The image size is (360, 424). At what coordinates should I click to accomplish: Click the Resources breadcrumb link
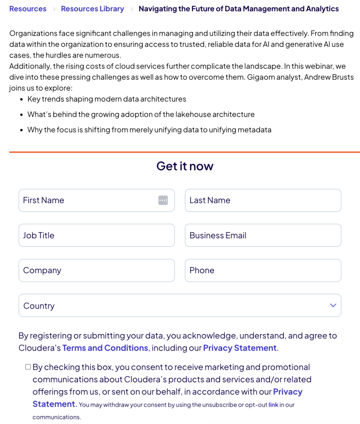(28, 9)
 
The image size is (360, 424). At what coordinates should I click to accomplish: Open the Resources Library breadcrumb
(92, 9)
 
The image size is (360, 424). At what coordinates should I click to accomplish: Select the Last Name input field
(263, 200)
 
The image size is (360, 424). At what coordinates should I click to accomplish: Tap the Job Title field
(96, 236)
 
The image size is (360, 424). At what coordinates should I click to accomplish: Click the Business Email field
(263, 236)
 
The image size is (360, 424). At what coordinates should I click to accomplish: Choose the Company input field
(96, 270)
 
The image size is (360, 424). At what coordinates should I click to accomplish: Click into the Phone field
(263, 270)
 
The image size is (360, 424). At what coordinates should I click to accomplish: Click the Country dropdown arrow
(333, 305)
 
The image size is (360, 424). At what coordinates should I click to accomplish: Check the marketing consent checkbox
(28, 367)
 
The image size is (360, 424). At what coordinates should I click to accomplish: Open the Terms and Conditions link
(105, 348)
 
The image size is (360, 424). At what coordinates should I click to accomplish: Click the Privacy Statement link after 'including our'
(240, 348)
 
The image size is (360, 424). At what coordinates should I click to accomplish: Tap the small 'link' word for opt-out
(273, 405)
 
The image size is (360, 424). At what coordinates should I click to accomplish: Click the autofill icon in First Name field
(163, 200)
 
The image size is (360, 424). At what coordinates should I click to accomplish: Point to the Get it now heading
(185, 166)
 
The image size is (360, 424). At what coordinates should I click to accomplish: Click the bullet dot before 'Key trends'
(21, 99)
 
